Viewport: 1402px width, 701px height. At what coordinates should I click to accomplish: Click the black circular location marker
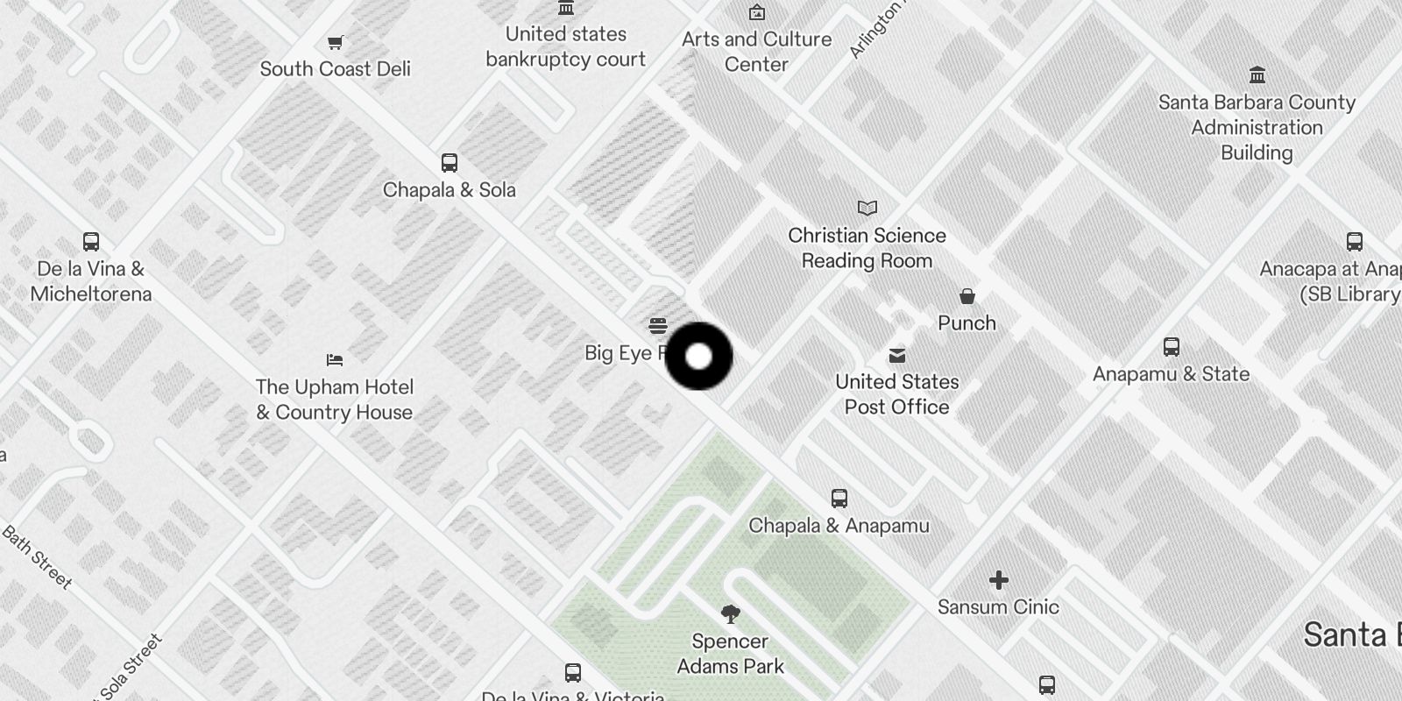698,357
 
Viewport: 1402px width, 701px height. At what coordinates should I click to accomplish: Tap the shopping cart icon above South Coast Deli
335,42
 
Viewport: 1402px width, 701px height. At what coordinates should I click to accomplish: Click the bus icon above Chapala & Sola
449,163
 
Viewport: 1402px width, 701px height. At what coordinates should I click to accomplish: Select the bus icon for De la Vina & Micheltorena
90,242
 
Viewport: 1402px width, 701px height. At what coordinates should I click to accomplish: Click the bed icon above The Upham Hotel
335,360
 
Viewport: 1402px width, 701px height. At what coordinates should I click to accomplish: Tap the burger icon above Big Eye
658,327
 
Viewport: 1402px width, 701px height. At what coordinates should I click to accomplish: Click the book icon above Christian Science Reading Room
867,209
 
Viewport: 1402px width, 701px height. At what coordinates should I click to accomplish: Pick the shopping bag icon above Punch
967,296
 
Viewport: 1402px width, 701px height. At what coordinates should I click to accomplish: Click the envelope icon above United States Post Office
896,356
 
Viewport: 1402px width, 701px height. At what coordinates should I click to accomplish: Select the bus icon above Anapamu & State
1171,347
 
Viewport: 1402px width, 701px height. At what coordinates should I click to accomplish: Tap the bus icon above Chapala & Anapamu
839,499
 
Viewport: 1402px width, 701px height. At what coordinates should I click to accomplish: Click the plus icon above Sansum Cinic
998,580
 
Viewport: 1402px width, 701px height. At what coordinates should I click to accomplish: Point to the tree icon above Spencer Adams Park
730,613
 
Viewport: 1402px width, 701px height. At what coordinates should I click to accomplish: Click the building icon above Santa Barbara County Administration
1257,74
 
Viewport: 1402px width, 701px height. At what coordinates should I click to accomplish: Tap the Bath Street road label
37,557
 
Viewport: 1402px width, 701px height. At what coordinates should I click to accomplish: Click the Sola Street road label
131,668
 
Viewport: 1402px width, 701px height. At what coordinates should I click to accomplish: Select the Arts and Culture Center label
756,52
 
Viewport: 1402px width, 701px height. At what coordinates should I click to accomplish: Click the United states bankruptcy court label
565,46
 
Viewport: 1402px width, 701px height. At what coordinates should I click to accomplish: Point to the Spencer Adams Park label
730,654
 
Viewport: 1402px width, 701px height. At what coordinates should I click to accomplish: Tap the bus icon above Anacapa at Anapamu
1354,242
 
